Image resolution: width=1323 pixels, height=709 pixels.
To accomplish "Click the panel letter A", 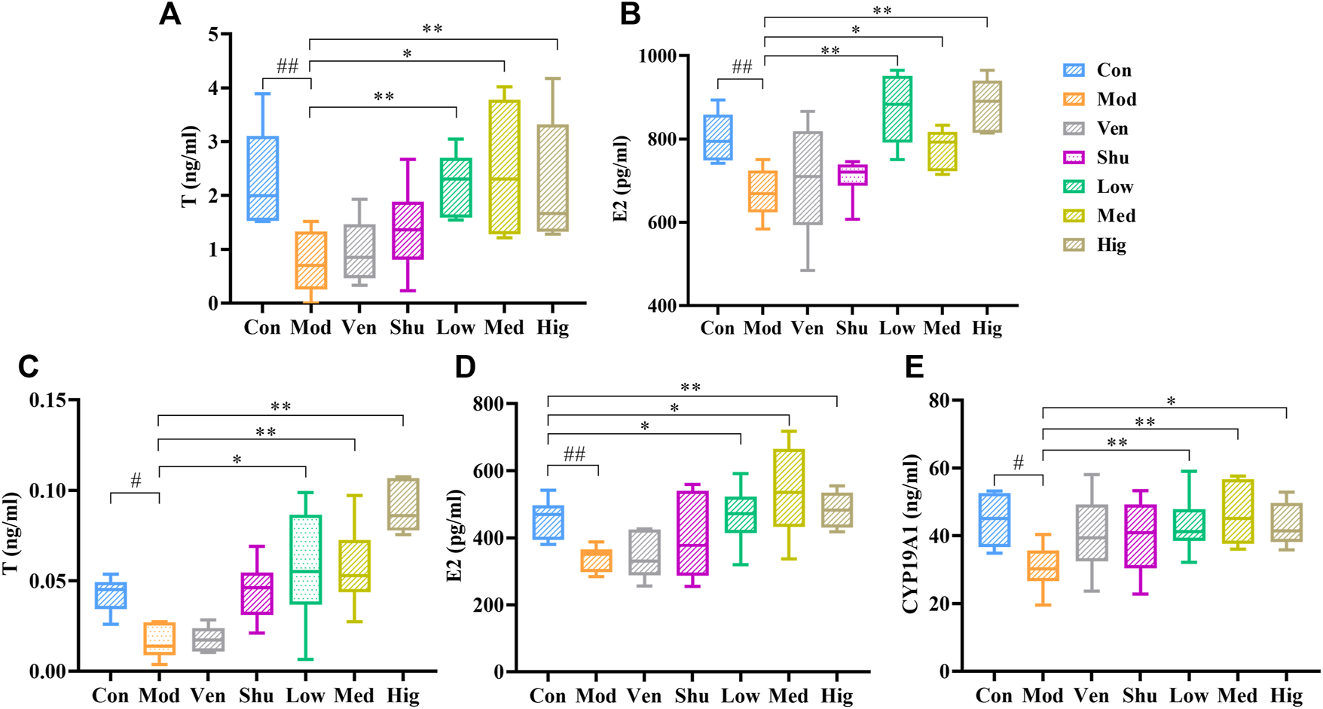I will click(x=170, y=14).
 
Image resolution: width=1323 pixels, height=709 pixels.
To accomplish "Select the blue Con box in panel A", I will click(x=263, y=178).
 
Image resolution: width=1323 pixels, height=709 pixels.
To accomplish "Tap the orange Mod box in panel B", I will click(x=763, y=191).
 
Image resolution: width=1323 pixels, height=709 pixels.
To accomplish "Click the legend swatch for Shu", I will click(x=1074, y=157).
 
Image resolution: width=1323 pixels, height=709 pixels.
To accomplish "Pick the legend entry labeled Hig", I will click(x=1111, y=245).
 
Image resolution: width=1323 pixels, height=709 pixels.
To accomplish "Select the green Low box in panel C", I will click(x=305, y=559).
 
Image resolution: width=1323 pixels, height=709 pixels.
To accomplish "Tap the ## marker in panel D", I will click(x=574, y=454).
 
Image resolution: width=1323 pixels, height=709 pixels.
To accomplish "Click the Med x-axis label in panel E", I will click(x=1237, y=695).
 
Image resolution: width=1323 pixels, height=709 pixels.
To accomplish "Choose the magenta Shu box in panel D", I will click(x=692, y=533).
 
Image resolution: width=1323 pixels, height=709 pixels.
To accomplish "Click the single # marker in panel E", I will click(x=1018, y=463).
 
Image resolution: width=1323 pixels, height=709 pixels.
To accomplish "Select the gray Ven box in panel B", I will click(x=808, y=178).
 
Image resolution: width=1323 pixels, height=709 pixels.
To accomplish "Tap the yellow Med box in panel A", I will click(x=504, y=167).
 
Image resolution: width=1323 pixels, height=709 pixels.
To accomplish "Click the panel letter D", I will click(x=465, y=367).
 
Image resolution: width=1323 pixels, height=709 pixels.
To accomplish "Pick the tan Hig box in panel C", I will click(x=403, y=504).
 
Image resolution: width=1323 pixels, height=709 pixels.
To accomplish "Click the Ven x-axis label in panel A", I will click(x=359, y=328).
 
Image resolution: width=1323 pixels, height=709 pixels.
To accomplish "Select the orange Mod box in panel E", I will click(x=1043, y=565).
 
